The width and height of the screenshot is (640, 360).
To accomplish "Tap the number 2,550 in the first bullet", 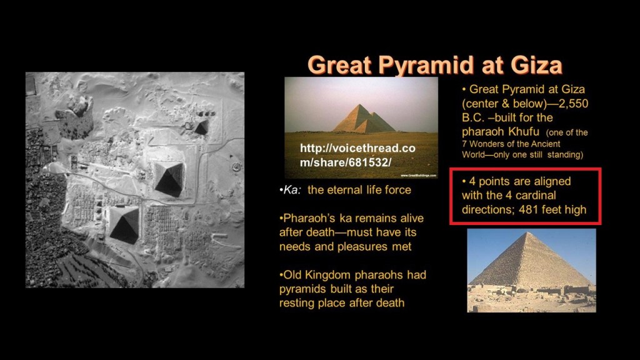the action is click(574, 104).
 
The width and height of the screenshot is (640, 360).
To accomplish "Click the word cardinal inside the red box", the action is click(535, 195).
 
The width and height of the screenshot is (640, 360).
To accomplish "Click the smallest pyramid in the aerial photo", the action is click(202, 126).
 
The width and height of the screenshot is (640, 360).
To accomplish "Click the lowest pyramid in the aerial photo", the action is click(124, 224).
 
